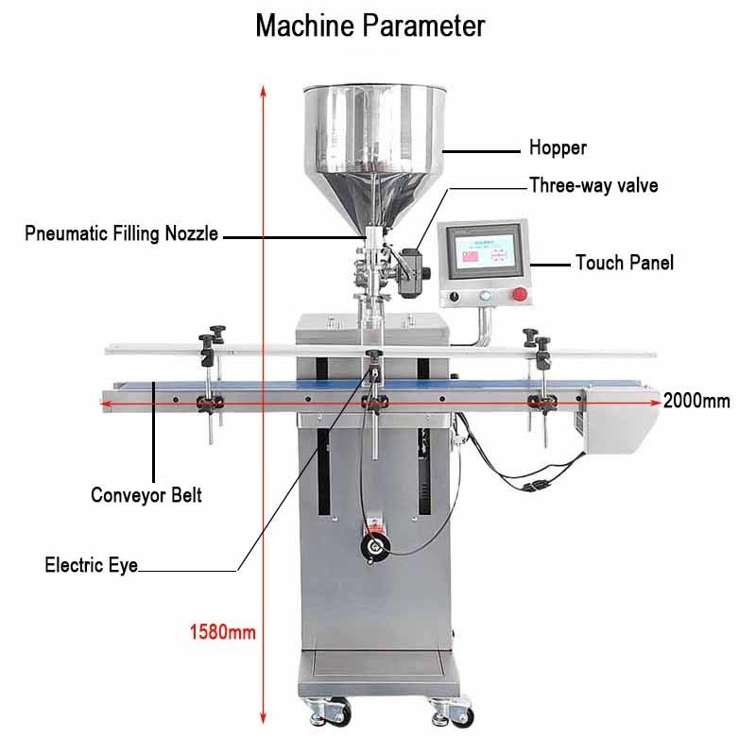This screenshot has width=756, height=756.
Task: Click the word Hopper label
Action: (558, 148)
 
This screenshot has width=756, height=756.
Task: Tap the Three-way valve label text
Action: (593, 185)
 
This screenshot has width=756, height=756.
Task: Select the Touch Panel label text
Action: (625, 263)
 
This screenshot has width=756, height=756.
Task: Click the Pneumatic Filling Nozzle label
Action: (122, 233)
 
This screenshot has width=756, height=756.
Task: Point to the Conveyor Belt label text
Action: (146, 494)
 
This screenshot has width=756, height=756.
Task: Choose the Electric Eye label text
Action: (91, 566)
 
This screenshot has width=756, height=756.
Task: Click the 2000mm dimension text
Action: (696, 401)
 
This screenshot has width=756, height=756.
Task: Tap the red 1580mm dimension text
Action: (223, 631)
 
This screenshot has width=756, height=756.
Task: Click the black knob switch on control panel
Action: (455, 297)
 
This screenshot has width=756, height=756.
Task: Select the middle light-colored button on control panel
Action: (486, 297)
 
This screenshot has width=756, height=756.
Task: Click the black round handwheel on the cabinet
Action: (377, 545)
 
